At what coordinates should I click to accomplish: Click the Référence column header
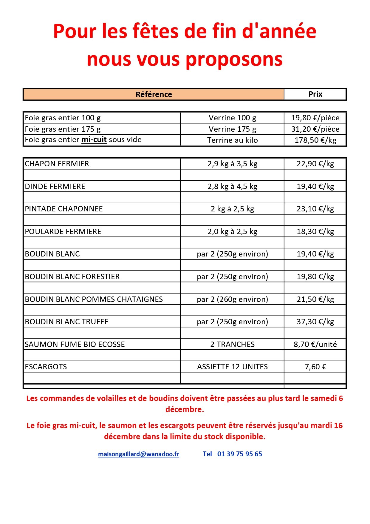pos(154,94)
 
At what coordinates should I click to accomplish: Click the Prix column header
pos(315,94)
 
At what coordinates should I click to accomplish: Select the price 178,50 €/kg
pos(315,140)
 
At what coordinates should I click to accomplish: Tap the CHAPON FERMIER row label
pos(57,164)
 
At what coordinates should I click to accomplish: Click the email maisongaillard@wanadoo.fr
pos(139,454)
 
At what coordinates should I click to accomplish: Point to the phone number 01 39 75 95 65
pos(239,454)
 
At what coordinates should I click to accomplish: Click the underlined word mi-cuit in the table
pos(94,140)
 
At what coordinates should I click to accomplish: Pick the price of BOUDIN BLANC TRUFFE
pos(315,322)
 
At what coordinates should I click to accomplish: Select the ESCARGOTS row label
pos(46,367)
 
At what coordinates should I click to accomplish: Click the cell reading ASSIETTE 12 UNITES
pos(232,367)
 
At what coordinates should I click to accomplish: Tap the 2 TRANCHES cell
pos(232,345)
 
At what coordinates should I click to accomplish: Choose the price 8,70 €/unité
pos(315,345)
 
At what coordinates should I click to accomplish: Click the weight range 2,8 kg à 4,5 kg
pos(232,187)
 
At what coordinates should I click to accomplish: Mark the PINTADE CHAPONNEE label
pos(64,209)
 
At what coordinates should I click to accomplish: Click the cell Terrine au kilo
pos(232,140)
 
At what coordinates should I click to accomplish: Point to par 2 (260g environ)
pos(232,299)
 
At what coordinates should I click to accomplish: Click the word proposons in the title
pos(234,59)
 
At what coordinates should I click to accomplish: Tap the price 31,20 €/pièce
pos(315,129)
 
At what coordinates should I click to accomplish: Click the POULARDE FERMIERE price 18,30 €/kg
pos(315,232)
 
